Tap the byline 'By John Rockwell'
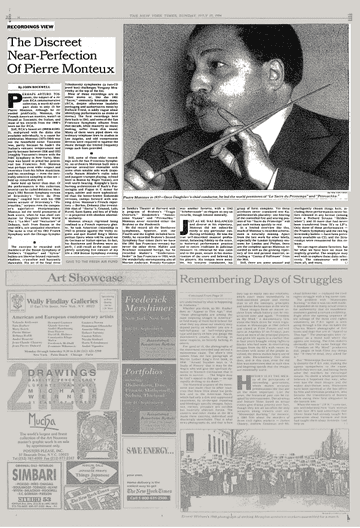tap(41, 74)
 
